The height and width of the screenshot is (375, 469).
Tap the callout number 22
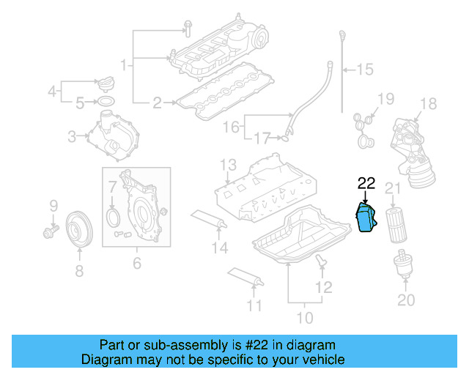point(366,183)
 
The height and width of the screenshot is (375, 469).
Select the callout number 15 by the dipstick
point(364,70)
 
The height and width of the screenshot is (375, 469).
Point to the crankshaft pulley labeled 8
point(79,226)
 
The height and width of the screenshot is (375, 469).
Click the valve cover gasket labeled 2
point(224,98)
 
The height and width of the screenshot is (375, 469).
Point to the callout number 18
point(429,103)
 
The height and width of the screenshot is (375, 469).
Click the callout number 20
point(405,300)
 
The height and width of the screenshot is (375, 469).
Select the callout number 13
point(228,163)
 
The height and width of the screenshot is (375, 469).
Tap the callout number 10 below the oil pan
point(303,318)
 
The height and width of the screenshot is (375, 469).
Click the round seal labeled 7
point(111,218)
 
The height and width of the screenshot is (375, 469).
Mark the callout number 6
point(136,262)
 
